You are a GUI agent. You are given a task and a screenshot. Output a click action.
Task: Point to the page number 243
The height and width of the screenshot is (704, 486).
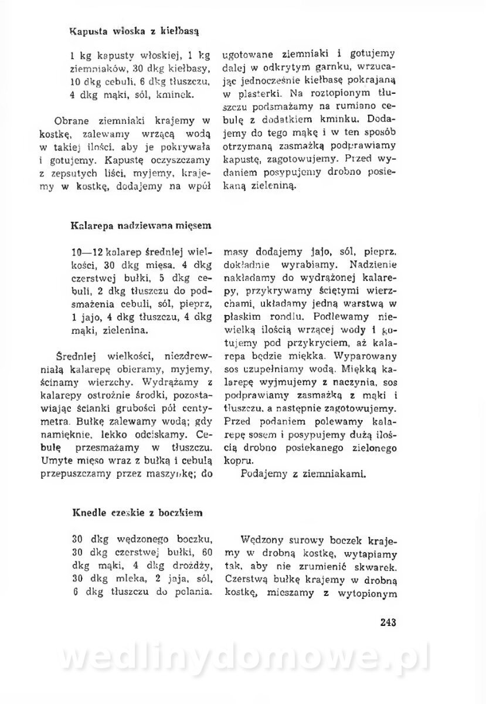[x=388, y=622]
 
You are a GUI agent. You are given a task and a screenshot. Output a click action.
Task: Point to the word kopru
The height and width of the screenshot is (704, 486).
[x=236, y=461]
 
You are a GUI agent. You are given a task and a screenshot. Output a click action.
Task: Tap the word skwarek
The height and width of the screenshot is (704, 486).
[x=378, y=566]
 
